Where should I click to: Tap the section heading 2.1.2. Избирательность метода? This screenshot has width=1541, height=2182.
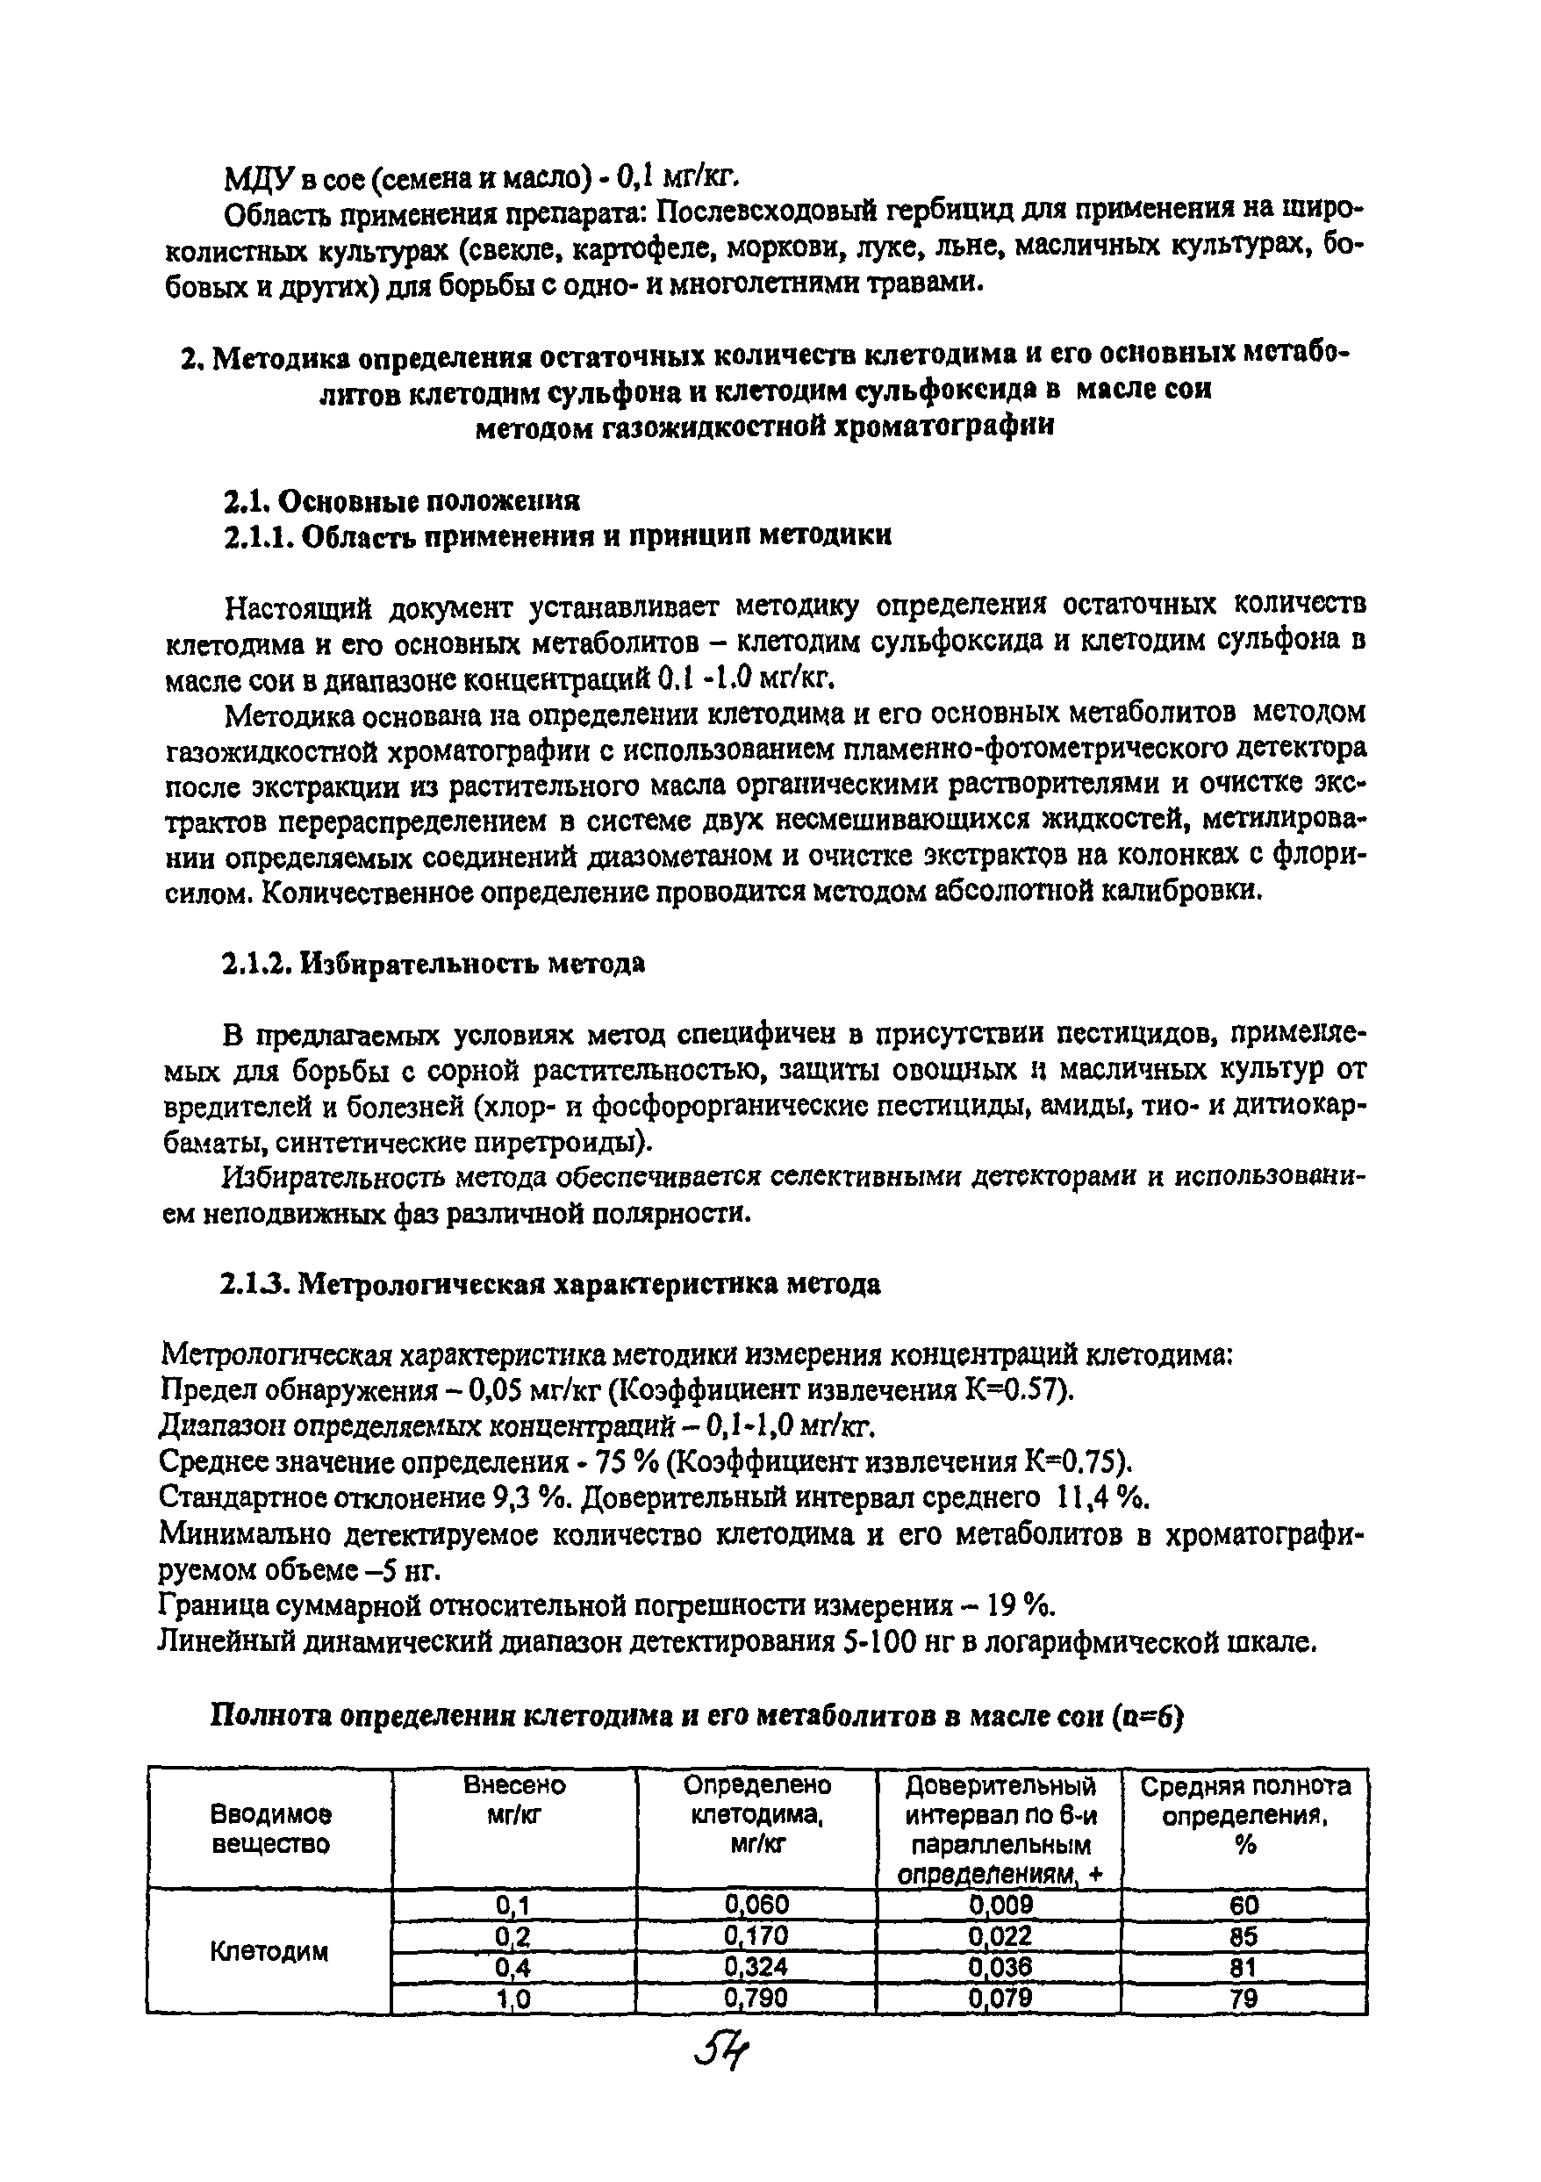[434, 964]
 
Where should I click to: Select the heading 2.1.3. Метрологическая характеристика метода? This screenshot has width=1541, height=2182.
[551, 1284]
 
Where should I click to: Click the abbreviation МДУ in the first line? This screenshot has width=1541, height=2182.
[249, 177]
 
